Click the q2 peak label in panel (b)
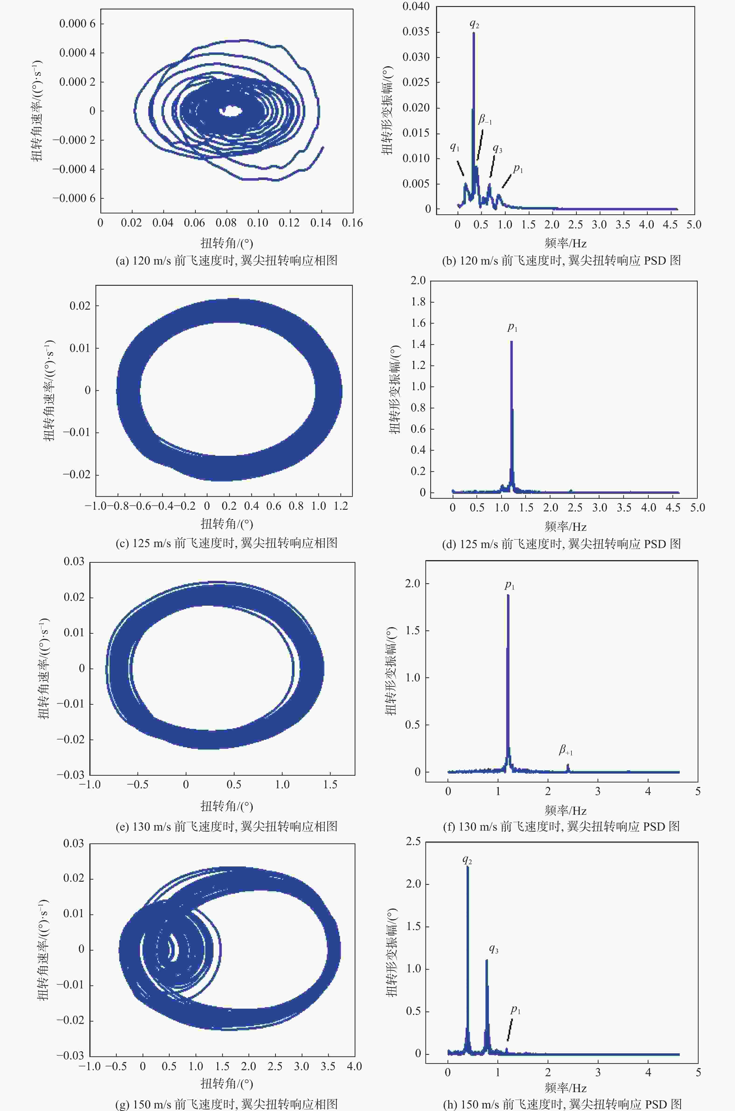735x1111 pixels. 474,23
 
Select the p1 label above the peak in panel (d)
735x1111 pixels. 512,327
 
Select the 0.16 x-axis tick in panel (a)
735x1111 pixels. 352,223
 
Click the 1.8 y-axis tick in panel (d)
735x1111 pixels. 418,302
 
